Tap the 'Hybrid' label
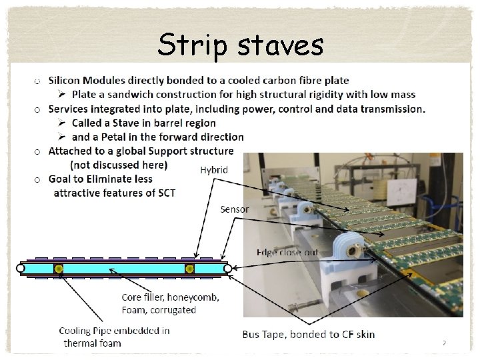214,170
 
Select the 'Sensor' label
235,209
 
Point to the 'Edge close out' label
287,252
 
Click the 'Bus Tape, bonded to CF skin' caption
309,334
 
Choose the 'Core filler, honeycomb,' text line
170,297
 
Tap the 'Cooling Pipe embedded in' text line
114,331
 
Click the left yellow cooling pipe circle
59,269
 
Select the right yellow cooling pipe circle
189,269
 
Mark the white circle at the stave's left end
20,269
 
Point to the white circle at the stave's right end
227,269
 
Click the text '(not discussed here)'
119,165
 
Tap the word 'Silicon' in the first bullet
66,81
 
